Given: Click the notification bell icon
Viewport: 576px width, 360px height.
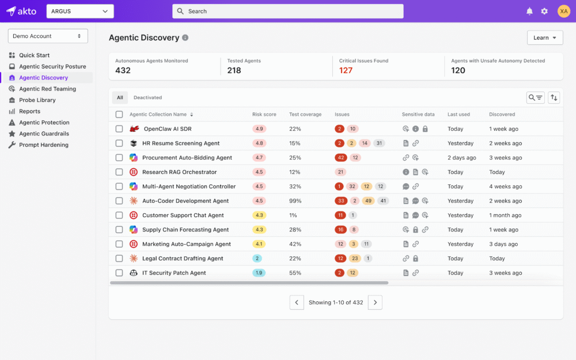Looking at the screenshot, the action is (x=529, y=12).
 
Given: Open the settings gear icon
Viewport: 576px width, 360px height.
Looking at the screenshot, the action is (x=544, y=12).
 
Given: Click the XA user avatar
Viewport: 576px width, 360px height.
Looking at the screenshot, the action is (x=564, y=12).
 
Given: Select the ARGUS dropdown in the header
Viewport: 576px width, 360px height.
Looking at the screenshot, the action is (x=80, y=12).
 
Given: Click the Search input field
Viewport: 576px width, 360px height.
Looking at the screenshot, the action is (x=287, y=12).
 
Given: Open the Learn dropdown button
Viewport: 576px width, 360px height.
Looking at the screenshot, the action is (x=545, y=37).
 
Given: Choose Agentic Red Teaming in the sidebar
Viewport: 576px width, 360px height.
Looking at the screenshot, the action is (x=47, y=89).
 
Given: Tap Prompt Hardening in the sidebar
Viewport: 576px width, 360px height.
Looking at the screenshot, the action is (x=43, y=145).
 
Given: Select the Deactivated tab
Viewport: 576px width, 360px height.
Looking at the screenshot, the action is (x=147, y=97).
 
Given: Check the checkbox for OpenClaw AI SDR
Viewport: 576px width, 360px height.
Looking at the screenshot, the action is (x=119, y=129).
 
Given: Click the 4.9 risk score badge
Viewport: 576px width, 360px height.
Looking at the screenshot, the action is (x=259, y=129).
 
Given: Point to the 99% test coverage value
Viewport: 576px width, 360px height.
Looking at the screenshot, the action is (x=295, y=201).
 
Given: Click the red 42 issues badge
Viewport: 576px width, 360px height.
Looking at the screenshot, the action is (x=340, y=158).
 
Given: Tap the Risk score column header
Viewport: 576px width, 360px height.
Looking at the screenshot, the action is (x=264, y=114).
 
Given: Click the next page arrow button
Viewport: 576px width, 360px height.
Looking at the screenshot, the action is (x=375, y=302).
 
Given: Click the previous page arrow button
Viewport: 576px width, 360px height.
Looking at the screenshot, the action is (x=297, y=302).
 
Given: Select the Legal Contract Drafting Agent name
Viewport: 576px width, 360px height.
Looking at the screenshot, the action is (x=183, y=259).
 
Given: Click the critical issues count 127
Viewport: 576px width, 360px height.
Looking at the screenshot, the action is (x=346, y=70).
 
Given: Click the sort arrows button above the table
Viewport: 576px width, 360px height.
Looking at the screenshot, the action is (x=554, y=98).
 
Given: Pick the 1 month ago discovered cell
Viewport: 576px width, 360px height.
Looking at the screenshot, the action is (x=505, y=215).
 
